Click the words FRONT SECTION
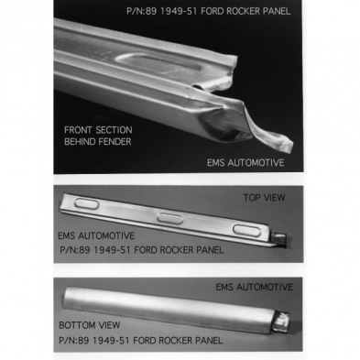[x=98, y=130]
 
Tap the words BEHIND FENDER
[x=98, y=142]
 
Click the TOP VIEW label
[x=264, y=198]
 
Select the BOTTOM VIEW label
[x=90, y=325]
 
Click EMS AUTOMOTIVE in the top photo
[x=245, y=162]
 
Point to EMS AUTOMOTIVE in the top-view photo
[x=96, y=235]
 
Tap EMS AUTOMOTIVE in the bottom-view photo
[x=254, y=287]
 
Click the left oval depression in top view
[x=87, y=203]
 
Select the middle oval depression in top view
[x=170, y=218]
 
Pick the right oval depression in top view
[x=247, y=230]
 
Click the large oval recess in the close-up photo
[x=158, y=64]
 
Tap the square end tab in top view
[x=279, y=239]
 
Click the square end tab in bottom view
[x=282, y=322]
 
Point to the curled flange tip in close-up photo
[x=286, y=144]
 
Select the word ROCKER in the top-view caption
[x=177, y=250]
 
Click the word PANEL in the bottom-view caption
[x=209, y=340]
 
